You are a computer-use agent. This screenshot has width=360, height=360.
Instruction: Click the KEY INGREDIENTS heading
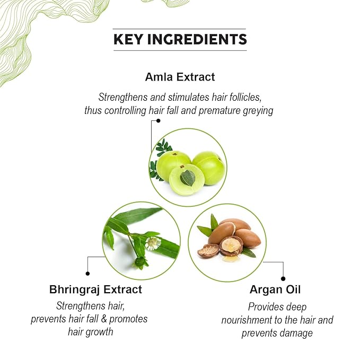(180, 39)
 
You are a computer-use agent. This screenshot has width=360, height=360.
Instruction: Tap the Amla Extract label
(180, 77)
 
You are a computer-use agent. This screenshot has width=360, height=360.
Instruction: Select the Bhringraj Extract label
(95, 289)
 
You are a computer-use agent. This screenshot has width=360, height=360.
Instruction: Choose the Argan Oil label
(275, 290)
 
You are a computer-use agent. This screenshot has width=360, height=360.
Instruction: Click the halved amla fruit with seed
(186, 179)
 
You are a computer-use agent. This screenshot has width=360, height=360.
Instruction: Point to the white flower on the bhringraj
(153, 243)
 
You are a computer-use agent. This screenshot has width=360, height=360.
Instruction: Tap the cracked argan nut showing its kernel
(231, 245)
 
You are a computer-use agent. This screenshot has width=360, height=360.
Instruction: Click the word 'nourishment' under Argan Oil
(249, 320)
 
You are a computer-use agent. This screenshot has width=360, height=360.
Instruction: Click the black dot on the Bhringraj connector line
(87, 274)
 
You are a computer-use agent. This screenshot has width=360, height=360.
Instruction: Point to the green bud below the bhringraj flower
(141, 262)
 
